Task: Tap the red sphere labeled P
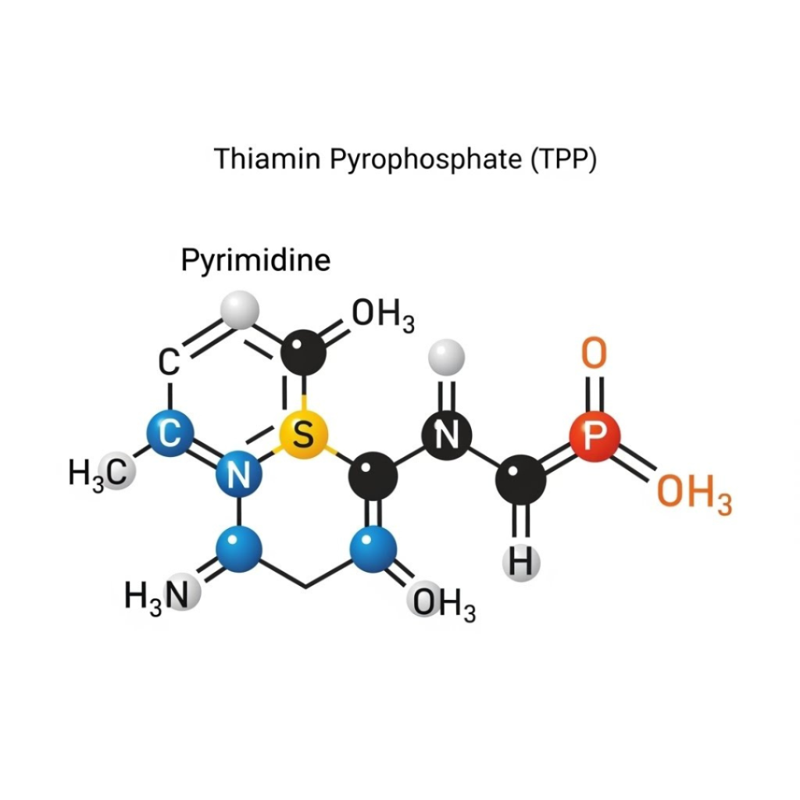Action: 594,435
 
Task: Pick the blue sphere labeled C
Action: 170,432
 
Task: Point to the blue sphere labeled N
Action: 237,474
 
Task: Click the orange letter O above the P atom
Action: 594,354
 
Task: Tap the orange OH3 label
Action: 694,495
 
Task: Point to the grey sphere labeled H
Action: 522,561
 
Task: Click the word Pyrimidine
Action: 255,259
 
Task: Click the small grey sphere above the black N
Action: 447,357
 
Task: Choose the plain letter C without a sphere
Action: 170,362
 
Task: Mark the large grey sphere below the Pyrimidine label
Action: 239,309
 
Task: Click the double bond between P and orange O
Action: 594,393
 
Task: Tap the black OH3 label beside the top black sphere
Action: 383,315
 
